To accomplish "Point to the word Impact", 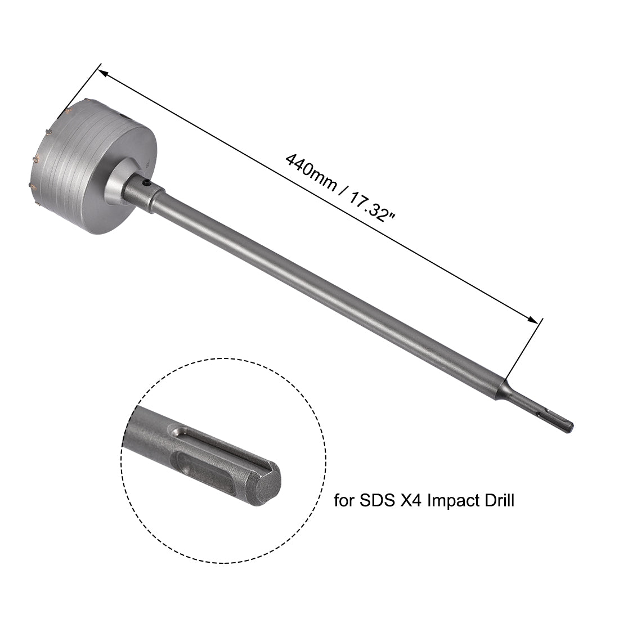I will (x=453, y=500).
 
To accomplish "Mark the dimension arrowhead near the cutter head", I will (x=102, y=71).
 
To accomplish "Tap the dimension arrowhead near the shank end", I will (x=532, y=319).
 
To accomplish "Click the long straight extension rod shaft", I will (x=326, y=293).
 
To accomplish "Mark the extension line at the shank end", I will (x=523, y=349).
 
